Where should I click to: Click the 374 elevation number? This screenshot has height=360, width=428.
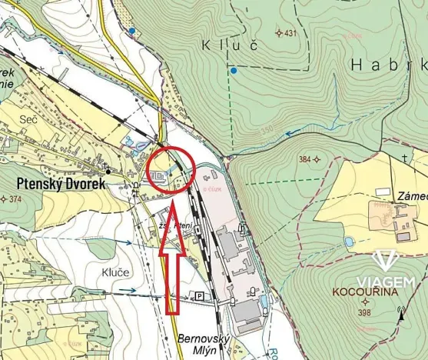(x=13, y=198)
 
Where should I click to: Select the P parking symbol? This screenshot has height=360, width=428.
(x=200, y=296)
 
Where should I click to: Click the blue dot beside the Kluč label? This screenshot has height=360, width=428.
(x=234, y=71)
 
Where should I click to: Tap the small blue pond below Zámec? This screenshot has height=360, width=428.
(x=350, y=242)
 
